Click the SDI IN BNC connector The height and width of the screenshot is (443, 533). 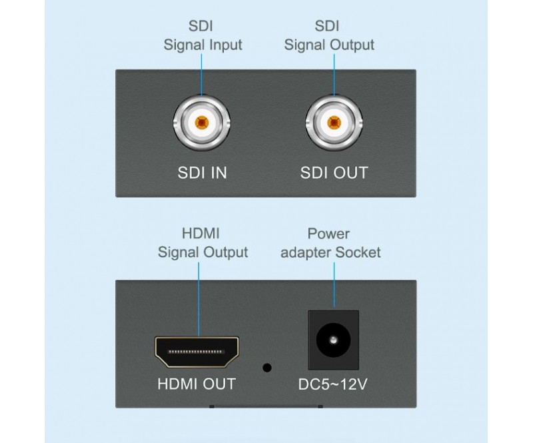[201, 123]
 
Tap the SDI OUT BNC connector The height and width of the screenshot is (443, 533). [334, 123]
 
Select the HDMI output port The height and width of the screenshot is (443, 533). [197, 352]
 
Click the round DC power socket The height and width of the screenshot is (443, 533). [332, 342]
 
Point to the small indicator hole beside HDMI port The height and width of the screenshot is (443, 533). [268, 367]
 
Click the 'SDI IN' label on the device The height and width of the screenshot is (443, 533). [201, 173]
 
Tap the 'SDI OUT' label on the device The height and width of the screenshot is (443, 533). [334, 173]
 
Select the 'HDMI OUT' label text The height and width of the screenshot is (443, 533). [197, 384]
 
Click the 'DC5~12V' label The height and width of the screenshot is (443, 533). [332, 384]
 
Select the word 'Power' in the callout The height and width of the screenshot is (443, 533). [328, 234]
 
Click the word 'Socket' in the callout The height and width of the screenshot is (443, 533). [358, 252]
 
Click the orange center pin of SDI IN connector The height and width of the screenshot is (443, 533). [201, 123]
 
